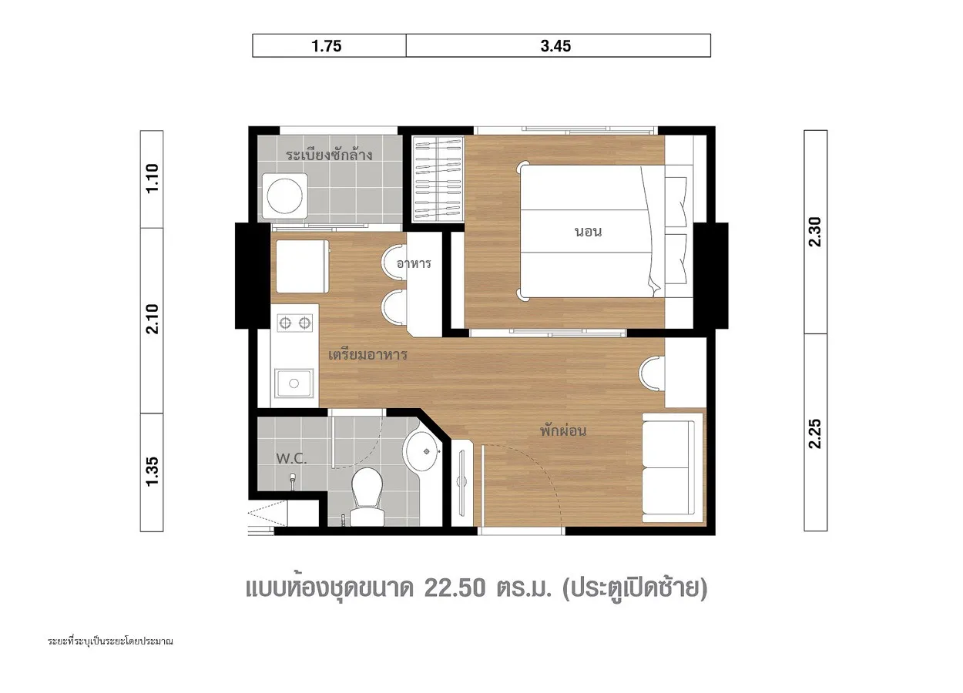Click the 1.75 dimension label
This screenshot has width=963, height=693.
click(327, 46)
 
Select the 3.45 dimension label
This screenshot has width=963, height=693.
click(555, 46)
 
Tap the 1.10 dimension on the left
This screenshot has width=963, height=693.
click(153, 179)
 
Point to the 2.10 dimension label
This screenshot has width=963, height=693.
click(153, 319)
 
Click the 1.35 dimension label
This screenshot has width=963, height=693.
click(153, 471)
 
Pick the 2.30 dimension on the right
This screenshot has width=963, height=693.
click(814, 232)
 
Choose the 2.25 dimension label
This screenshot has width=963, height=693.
click(814, 434)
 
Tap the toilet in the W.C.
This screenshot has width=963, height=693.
click(367, 497)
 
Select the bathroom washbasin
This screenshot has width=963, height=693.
click(423, 451)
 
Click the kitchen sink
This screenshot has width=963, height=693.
click(294, 383)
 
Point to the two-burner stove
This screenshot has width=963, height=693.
click(295, 322)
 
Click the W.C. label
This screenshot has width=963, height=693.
click(291, 459)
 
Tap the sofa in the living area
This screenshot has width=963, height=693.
click(673, 467)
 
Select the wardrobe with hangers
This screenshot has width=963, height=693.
click(438, 179)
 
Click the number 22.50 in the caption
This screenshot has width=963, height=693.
click(455, 588)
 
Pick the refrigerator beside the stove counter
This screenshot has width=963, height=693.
click(302, 266)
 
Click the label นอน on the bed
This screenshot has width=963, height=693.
click(588, 232)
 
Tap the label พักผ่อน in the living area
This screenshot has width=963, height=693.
click(562, 430)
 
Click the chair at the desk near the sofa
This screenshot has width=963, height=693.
click(651, 373)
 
